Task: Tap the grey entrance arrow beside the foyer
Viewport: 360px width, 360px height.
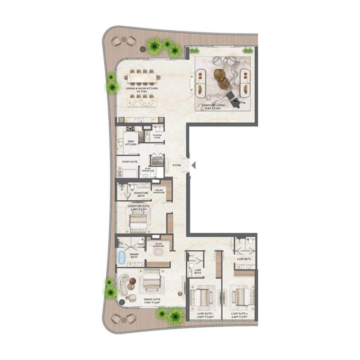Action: click(193, 166)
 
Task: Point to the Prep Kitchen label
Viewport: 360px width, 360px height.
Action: click(131, 143)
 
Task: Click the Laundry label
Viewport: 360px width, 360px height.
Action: click(157, 157)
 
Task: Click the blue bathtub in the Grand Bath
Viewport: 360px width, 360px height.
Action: click(121, 258)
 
